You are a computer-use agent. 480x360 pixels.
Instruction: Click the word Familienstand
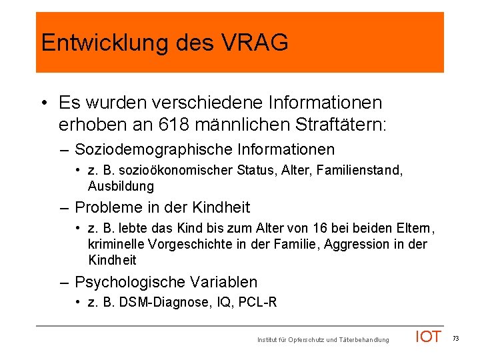[365, 171]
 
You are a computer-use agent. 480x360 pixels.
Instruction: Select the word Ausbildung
[121, 186]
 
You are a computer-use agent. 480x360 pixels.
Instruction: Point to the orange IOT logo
[428, 337]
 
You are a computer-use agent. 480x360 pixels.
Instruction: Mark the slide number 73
[456, 339]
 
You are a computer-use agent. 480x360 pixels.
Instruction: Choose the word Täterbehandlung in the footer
[365, 341]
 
